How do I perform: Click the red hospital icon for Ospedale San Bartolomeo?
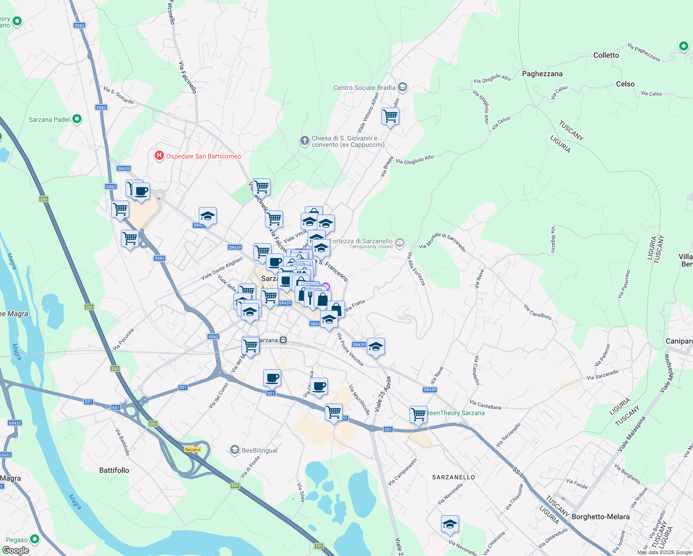(x=159, y=156)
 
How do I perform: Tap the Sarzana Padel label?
(x=49, y=120)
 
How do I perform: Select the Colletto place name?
(x=606, y=55)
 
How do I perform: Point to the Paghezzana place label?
(x=542, y=74)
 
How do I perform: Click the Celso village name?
(x=625, y=84)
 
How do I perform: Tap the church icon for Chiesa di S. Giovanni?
(x=304, y=141)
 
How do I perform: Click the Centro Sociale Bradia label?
(x=365, y=88)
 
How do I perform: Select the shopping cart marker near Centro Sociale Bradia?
(x=390, y=116)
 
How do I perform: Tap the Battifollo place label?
(x=114, y=470)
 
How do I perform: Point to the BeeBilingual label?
(x=259, y=450)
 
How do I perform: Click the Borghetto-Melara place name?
(x=600, y=517)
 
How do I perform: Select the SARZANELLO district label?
(x=454, y=477)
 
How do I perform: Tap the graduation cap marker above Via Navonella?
(x=450, y=524)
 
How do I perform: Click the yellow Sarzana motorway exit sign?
(x=192, y=449)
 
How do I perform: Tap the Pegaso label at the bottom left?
(x=17, y=540)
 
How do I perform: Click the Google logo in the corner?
(x=15, y=550)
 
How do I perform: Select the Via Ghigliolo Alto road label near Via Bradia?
(x=415, y=160)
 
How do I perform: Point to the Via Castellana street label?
(x=485, y=405)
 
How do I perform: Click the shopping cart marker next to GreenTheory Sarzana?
(x=418, y=414)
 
